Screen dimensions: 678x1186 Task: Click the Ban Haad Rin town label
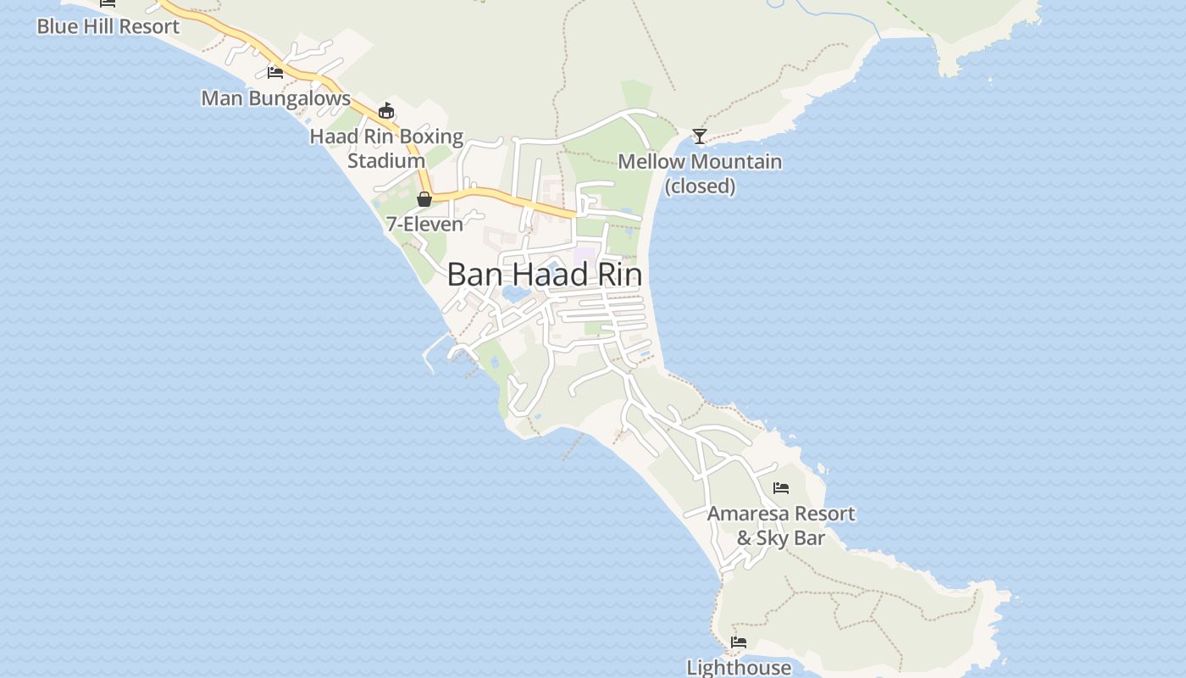point(544,275)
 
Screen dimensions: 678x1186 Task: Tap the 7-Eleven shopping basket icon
point(424,199)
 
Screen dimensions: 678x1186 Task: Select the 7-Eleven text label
point(424,225)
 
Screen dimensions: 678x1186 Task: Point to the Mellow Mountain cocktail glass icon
point(700,136)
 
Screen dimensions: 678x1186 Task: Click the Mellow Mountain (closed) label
point(700,173)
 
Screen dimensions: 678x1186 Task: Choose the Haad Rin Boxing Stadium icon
point(386,111)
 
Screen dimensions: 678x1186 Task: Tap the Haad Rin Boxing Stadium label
point(386,148)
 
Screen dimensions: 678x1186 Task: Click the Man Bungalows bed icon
point(275,73)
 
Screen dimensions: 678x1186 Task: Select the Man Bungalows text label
point(275,98)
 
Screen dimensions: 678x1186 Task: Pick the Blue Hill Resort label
point(108,26)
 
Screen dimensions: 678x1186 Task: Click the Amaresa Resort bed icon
point(781,488)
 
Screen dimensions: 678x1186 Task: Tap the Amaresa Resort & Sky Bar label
point(781,525)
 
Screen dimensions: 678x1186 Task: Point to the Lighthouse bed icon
point(739,642)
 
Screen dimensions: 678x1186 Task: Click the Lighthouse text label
point(739,668)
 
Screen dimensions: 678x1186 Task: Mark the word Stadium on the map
point(386,160)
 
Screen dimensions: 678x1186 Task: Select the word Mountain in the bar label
point(734,161)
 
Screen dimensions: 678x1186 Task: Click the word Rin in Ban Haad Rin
point(618,275)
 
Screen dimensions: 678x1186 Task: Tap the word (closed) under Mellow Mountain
point(700,186)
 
